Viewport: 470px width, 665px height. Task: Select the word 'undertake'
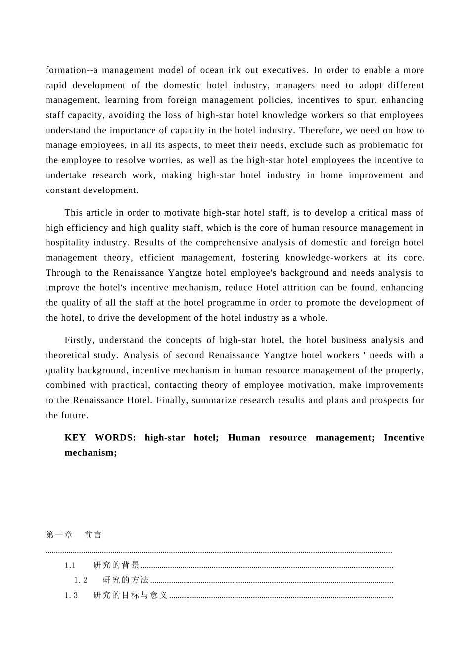pyautogui.click(x=65, y=175)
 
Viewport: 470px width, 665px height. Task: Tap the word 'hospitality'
pyautogui.click(x=68, y=243)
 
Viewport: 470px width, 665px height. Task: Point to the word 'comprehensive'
pyautogui.click(x=227, y=243)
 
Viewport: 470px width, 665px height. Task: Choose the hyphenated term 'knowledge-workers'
pyautogui.click(x=326, y=258)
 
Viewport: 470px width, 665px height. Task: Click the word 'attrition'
pyautogui.click(x=300, y=288)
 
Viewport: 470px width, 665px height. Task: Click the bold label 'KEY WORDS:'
pyautogui.click(x=100, y=438)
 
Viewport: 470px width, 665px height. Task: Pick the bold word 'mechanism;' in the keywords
pyautogui.click(x=91, y=453)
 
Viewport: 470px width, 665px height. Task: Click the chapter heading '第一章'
pyautogui.click(x=59, y=535)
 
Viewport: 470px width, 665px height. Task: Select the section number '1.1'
pyautogui.click(x=70, y=565)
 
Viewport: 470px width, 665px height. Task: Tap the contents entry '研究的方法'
pyautogui.click(x=126, y=580)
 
